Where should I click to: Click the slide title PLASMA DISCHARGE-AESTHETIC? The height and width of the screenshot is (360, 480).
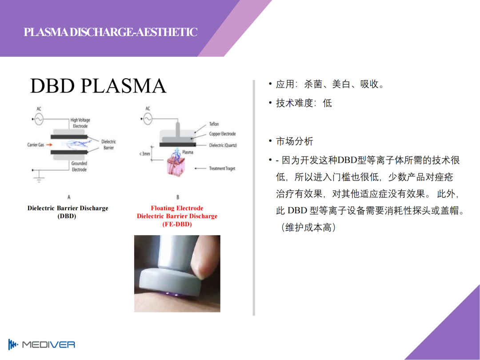pos(111,32)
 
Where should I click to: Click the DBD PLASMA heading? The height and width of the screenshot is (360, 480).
pos(98,86)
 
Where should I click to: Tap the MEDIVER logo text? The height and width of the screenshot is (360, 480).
pos(48,345)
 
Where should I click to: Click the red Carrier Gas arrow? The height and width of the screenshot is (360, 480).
pos(49,145)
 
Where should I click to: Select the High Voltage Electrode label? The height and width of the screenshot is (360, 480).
pos(80,123)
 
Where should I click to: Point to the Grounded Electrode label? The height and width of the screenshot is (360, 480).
pos(79,167)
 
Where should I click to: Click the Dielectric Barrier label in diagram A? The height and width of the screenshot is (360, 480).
pos(109,144)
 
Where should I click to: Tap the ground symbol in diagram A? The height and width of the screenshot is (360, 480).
pos(39,179)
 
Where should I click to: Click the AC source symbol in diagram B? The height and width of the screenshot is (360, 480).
pos(148,119)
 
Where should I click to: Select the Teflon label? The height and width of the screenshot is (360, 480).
pos(214,124)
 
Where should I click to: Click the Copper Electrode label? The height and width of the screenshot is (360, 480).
pos(223,134)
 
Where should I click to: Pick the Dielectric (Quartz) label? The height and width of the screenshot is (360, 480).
pos(223,145)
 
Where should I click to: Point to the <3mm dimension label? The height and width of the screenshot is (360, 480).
pos(144,153)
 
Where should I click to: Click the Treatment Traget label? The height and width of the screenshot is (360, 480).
pos(222,168)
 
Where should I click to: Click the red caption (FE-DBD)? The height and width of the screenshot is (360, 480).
pos(177,224)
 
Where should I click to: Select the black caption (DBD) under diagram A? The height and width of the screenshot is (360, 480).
pos(67,216)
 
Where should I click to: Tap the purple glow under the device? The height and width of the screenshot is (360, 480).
pos(172,295)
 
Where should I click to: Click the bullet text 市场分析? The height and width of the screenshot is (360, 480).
pos(295,141)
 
